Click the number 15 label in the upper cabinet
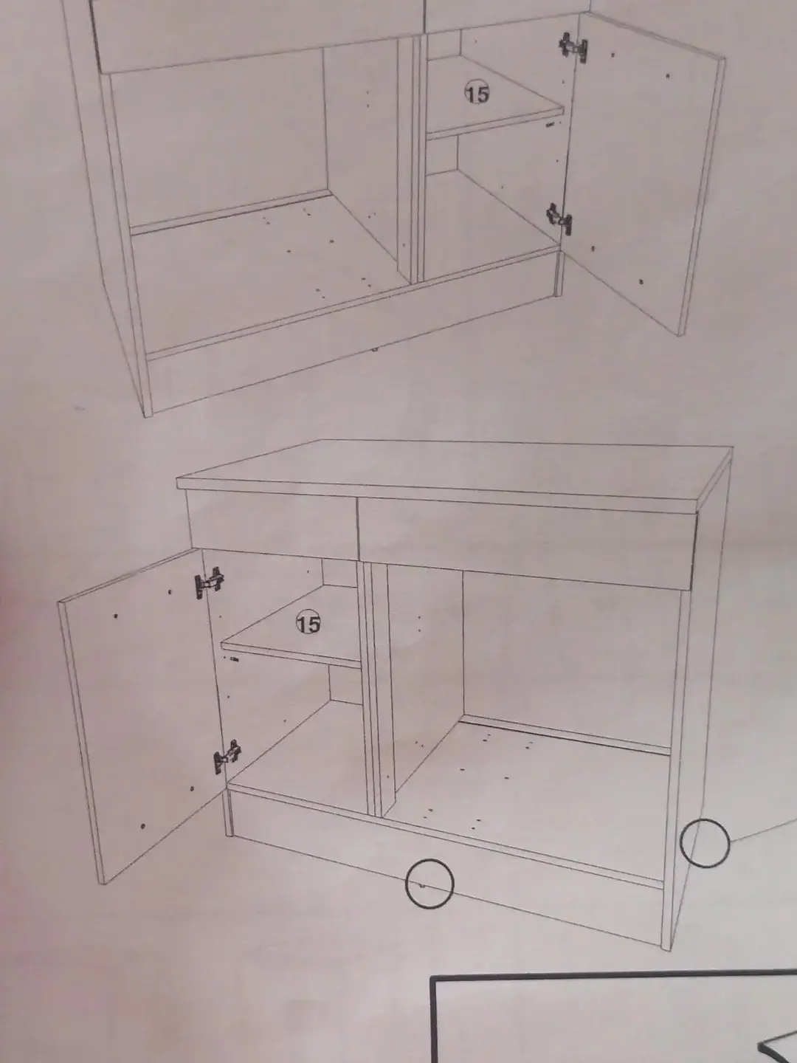click(477, 92)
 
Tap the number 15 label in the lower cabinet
click(308, 622)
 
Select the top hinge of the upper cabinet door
click(574, 47)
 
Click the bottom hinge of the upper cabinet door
click(559, 219)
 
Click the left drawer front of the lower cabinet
click(272, 524)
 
